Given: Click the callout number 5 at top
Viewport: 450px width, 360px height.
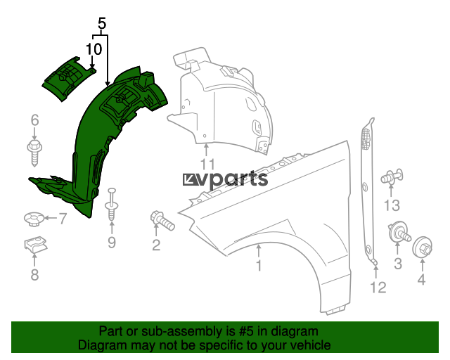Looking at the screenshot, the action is coord(102,23).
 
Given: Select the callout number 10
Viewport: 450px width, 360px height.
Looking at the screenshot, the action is coord(94,49).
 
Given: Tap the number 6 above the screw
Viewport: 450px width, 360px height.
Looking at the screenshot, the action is coord(34,120).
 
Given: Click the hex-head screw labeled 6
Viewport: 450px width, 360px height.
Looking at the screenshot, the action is coord(34,153).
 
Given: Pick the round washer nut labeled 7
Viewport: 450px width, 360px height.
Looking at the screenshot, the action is coord(34,219).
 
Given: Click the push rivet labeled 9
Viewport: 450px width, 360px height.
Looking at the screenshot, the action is coord(112,205).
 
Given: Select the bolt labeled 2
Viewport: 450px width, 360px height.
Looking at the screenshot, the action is coord(162,221).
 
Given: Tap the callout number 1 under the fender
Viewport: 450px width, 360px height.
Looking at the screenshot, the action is coord(259,266).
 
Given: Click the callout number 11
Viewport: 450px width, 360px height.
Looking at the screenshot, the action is coord(207,165).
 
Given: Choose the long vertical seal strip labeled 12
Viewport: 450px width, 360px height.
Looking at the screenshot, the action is coord(368,190).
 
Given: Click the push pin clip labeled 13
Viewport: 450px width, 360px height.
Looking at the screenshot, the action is coord(392,176).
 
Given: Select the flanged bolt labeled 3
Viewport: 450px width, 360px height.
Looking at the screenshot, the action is coord(399,233).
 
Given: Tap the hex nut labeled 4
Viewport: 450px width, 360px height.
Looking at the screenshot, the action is coord(423,247).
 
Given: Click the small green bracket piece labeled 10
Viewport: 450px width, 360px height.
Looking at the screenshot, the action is coord(68,78).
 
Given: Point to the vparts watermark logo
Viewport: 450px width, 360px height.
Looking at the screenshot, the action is coord(225,180).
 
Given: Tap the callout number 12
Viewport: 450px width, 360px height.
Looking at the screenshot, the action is coord(378,287).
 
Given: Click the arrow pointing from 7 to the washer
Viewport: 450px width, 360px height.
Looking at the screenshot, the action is coord(51,219).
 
